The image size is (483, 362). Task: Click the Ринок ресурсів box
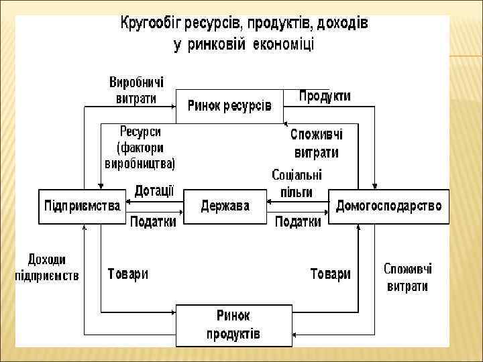229,106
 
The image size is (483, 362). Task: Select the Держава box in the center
225,206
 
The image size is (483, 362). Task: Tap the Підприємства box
83,206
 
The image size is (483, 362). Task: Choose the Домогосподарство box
388,206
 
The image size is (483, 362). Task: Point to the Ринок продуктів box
233,324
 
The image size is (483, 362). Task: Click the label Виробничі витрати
136,90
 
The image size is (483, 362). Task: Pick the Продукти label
325,97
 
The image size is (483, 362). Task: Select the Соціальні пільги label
297,183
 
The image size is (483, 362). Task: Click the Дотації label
154,191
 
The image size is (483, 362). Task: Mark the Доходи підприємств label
47,267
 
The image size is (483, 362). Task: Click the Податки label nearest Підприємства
153,222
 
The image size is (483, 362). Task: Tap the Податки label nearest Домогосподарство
299,222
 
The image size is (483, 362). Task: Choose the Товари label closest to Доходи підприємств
128,274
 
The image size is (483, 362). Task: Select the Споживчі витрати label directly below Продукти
315,143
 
